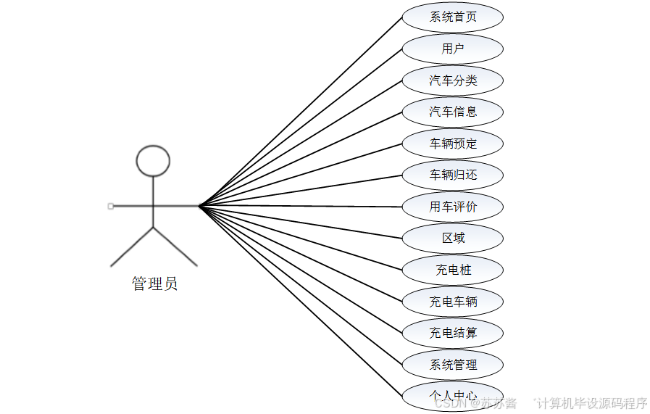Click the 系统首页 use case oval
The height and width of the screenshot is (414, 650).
(x=453, y=17)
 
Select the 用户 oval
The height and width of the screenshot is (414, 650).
(x=453, y=49)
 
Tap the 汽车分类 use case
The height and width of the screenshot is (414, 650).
(x=453, y=80)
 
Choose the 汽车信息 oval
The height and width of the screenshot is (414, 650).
(x=453, y=112)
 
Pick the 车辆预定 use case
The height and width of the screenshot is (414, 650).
(x=453, y=144)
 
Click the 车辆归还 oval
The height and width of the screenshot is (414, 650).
(x=453, y=175)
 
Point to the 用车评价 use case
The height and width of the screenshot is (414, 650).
(x=453, y=207)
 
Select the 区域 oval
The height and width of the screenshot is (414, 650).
(x=453, y=238)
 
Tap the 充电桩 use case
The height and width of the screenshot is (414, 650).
(x=453, y=270)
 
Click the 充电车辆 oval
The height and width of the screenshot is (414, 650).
(x=453, y=302)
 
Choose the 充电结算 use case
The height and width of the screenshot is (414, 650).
(x=453, y=333)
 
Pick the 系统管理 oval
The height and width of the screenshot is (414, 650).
(x=453, y=365)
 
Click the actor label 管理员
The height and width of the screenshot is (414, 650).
(x=154, y=283)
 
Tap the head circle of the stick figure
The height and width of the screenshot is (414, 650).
(x=153, y=161)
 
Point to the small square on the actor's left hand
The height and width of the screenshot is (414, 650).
(x=110, y=207)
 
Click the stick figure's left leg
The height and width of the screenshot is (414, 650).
(x=132, y=247)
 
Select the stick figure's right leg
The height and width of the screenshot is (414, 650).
(x=175, y=247)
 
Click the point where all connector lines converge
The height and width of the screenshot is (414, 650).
(x=199, y=207)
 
